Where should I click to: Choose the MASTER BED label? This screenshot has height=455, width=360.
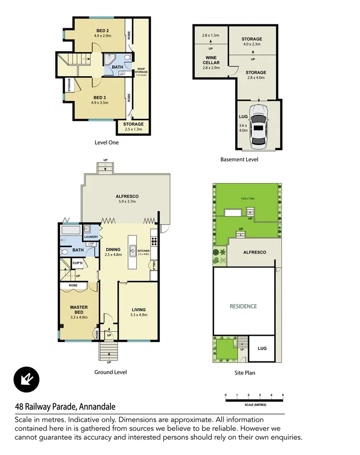79,310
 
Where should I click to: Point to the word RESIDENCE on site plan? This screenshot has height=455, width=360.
243,306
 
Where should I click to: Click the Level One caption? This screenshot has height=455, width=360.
107,142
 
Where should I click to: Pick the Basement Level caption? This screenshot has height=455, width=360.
239,159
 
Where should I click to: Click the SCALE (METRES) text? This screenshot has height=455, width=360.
254,404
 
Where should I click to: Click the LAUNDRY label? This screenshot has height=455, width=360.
91,237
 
